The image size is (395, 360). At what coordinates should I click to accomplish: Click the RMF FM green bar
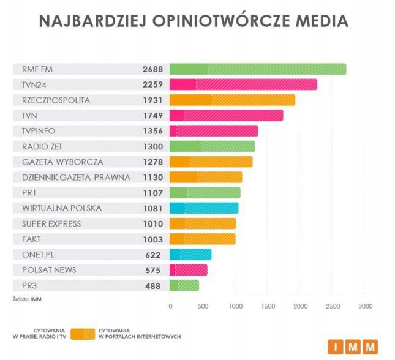coord(258,69)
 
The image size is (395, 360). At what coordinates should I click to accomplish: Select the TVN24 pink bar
coord(243,84)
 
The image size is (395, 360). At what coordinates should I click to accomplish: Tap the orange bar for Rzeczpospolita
coord(232,100)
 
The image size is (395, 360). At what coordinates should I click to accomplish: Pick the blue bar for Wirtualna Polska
coord(204,208)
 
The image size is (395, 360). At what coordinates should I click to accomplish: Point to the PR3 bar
coord(184,285)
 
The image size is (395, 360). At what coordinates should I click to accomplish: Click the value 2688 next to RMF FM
coord(153,69)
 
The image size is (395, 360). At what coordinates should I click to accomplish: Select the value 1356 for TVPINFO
coord(153,130)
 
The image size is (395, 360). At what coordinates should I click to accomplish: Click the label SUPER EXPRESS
coord(51,223)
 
